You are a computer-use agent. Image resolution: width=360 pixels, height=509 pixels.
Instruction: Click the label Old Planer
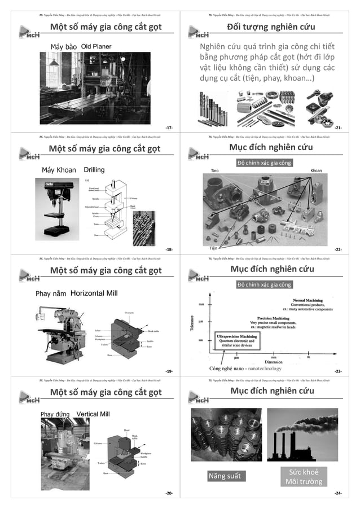point(96,46)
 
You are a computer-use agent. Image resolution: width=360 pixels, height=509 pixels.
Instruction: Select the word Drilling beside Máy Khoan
point(94,169)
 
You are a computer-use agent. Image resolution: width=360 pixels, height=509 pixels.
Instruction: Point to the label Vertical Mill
point(93,414)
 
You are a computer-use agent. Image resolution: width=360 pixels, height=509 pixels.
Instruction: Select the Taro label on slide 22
point(214,170)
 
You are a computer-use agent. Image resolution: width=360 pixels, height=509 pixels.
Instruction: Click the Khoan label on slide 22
point(317,170)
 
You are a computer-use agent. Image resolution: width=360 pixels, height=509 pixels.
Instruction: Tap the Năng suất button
point(224,476)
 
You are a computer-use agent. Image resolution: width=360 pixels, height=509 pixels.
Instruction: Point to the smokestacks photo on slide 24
point(302,436)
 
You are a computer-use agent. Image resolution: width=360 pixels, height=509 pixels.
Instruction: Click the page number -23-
point(338,371)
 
